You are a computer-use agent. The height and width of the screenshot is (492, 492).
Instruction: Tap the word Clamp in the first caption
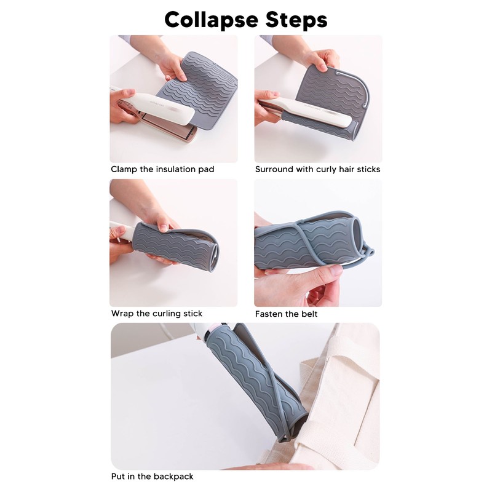[124, 169]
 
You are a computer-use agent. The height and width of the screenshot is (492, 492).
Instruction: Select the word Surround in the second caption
[275, 169]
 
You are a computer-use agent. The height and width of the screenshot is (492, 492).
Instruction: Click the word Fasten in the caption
[269, 314]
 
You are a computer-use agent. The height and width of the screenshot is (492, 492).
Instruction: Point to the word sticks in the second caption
[368, 169]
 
